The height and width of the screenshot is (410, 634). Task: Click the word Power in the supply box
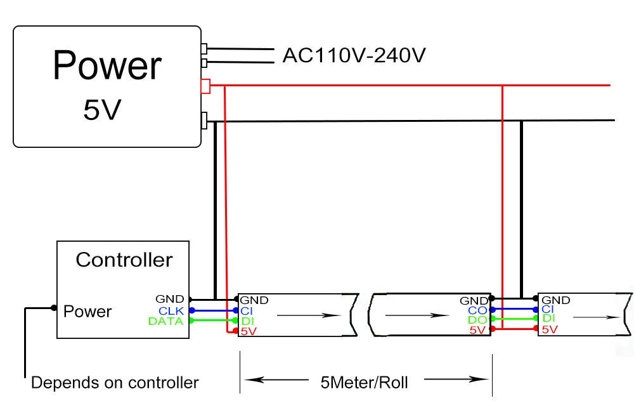point(107,65)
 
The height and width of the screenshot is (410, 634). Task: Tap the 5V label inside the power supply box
point(101,110)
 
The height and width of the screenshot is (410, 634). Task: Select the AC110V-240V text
point(354,56)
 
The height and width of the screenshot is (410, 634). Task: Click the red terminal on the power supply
point(205,86)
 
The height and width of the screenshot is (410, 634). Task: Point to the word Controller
point(124,260)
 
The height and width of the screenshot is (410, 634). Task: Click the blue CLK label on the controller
point(171,310)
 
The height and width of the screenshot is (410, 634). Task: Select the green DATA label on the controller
point(166,321)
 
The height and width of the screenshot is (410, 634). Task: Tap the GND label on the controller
point(170,299)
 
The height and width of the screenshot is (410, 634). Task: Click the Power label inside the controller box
point(87,312)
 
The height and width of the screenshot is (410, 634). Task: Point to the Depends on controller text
point(115,383)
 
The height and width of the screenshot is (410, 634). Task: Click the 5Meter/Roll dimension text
point(365,382)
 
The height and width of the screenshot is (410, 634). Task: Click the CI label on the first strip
point(247,310)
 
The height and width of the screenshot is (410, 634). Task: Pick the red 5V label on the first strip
point(249,331)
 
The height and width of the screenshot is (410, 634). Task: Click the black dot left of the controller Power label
point(53,308)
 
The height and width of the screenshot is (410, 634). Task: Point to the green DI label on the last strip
point(548,319)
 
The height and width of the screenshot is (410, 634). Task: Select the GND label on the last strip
point(556,300)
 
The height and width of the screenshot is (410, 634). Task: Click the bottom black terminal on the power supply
point(204,120)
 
